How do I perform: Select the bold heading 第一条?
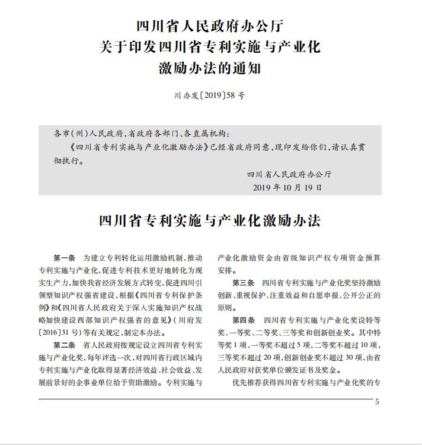pyautogui.click(x=65, y=258)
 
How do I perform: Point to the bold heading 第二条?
pyautogui.click(x=65, y=345)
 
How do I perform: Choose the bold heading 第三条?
pyautogui.click(x=244, y=282)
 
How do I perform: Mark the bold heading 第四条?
pyautogui.click(x=244, y=320)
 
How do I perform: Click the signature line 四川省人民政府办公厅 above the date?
pyautogui.click(x=289, y=174)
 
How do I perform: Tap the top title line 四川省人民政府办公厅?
pyautogui.click(x=210, y=26)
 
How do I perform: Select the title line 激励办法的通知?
pyautogui.click(x=210, y=69)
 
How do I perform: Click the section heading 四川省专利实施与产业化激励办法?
pyautogui.click(x=210, y=221)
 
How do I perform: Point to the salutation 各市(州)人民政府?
pyautogui.click(x=88, y=134)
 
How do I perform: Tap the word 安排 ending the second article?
pyautogui.click(x=226, y=270)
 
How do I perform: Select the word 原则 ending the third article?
pyautogui.click(x=226, y=307)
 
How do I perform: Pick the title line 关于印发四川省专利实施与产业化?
pyautogui.click(x=210, y=47)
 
